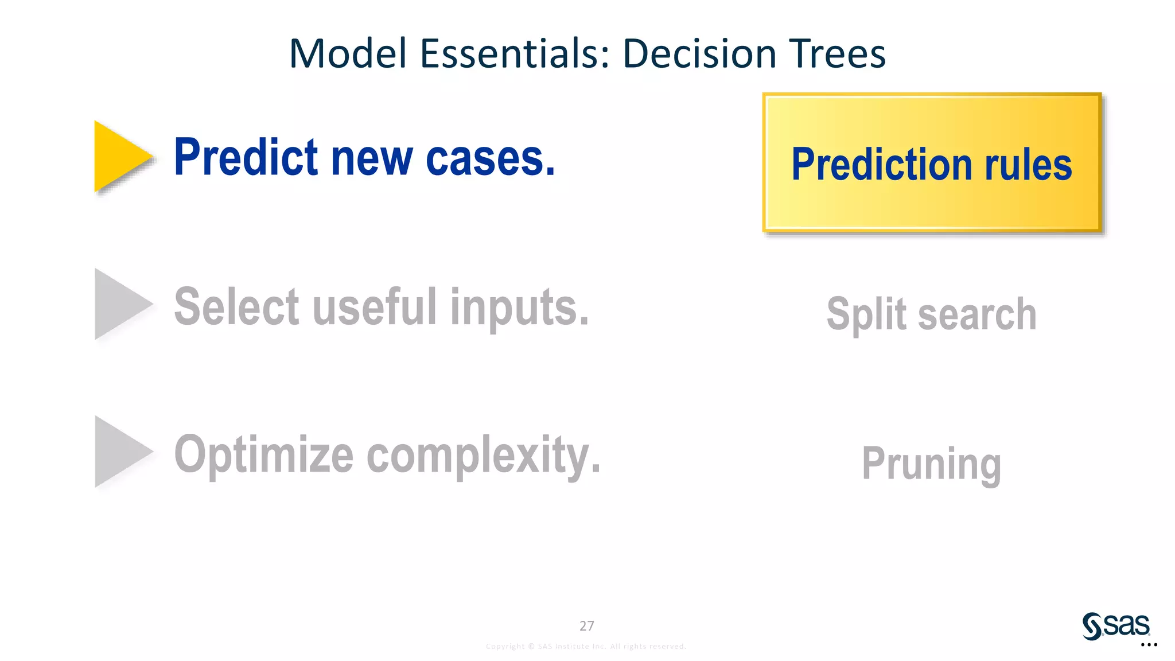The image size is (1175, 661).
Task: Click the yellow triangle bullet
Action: [x=119, y=156]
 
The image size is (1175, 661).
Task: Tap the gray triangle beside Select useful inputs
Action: [x=119, y=304]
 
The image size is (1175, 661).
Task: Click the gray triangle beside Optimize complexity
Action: [x=119, y=452]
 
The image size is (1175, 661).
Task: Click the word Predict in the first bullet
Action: [x=246, y=158]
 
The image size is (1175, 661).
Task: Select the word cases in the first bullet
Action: [x=491, y=159]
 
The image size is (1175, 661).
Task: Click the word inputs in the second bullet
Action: [x=519, y=309]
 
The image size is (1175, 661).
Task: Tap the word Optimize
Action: [x=264, y=456]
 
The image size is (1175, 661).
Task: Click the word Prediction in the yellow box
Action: [x=881, y=165]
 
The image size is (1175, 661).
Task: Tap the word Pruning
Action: [x=931, y=464]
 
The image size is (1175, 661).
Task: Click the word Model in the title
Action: [x=348, y=53]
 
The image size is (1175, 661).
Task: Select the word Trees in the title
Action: [x=837, y=53]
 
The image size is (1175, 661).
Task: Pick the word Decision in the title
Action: [x=699, y=53]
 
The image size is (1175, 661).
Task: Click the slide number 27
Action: [x=586, y=626]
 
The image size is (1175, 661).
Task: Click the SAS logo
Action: [x=1116, y=625]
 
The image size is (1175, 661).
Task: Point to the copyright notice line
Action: [x=586, y=647]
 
